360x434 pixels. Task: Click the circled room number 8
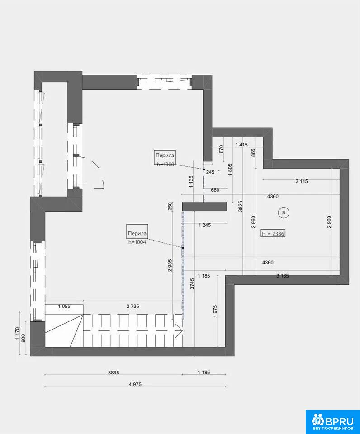[x=283, y=212]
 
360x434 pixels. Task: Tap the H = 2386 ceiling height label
[x=273, y=234]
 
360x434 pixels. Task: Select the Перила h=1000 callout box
[x=165, y=157]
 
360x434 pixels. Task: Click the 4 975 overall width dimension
[x=135, y=384]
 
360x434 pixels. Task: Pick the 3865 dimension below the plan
[x=114, y=373]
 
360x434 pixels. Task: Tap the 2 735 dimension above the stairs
[x=133, y=306]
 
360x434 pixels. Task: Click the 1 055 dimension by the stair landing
[x=64, y=307]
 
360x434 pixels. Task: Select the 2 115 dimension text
[x=302, y=181]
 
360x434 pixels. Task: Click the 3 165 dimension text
[x=283, y=276]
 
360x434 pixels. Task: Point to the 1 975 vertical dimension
[x=215, y=311]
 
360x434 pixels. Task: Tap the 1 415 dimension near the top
[x=242, y=145]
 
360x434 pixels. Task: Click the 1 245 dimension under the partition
[x=204, y=225]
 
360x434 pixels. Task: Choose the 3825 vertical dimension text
[x=240, y=206]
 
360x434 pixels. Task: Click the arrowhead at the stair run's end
[x=180, y=330]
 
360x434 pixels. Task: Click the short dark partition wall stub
[x=204, y=207]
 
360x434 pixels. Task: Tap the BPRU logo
[x=332, y=422]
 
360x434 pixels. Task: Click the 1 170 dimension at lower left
[x=17, y=333]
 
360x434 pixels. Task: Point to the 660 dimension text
[x=215, y=190]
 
